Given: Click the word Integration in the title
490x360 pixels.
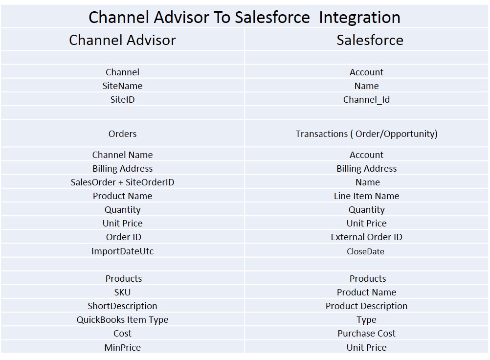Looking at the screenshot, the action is [x=359, y=18].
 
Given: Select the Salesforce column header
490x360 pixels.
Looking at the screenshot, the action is [x=370, y=40].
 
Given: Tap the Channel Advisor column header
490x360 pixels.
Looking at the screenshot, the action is [x=122, y=40].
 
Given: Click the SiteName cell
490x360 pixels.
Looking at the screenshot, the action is [x=122, y=86].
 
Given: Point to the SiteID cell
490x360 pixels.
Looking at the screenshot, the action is [x=122, y=99].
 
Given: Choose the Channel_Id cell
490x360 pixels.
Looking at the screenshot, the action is [x=366, y=100].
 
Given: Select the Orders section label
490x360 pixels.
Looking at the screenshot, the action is [x=122, y=134].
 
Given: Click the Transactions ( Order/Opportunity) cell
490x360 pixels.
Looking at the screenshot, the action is [x=366, y=134].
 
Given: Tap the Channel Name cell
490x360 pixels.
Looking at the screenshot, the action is [x=122, y=155].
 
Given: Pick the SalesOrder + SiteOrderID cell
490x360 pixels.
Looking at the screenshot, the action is [x=122, y=182].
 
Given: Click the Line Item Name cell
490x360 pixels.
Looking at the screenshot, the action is [x=366, y=196].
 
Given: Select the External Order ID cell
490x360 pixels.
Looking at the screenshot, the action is [x=366, y=237].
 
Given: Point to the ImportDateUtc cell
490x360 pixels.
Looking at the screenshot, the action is [x=122, y=251].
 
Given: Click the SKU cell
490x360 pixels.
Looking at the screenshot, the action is [x=122, y=292].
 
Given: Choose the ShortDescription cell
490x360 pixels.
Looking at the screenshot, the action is [x=122, y=306].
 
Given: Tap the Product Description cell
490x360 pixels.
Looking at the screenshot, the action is [x=366, y=306].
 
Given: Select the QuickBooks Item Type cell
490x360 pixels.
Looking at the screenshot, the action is [x=122, y=320].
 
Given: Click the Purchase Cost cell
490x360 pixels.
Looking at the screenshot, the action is [x=366, y=334].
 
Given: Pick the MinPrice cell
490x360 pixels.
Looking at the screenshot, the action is [x=122, y=347].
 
